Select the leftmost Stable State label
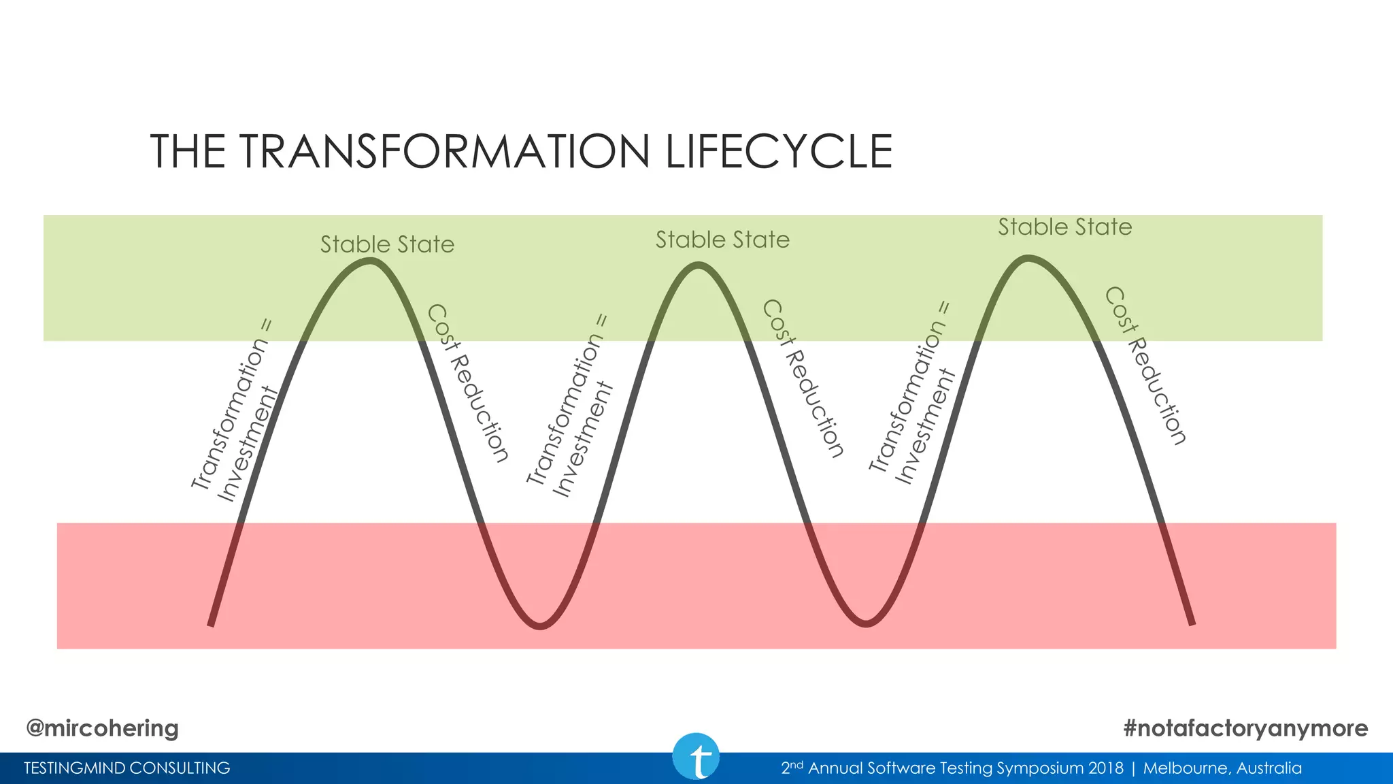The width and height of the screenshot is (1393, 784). click(x=387, y=244)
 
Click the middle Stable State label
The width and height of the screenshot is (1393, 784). click(x=722, y=240)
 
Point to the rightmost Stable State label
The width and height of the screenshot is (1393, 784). click(x=1064, y=227)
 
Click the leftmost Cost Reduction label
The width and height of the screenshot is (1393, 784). click(x=467, y=383)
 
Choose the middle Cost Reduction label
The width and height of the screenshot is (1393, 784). click(x=803, y=378)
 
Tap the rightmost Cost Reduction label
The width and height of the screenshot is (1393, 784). click(x=1145, y=365)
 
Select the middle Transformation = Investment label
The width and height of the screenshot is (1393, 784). click(x=570, y=407)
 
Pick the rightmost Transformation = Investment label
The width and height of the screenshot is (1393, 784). click(x=913, y=395)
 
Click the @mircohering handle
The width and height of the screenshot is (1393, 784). click(x=102, y=728)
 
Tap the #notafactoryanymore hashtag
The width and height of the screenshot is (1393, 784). click(x=1245, y=728)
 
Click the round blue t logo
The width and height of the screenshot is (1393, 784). click(x=696, y=757)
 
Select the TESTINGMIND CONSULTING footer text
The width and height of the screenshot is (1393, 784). click(x=127, y=768)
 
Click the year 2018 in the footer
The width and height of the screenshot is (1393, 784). click(x=1105, y=768)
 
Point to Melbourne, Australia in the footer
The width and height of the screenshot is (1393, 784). click(x=1222, y=768)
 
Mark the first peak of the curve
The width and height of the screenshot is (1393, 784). click(x=369, y=261)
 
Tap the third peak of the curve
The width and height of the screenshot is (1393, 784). click(x=1028, y=258)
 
